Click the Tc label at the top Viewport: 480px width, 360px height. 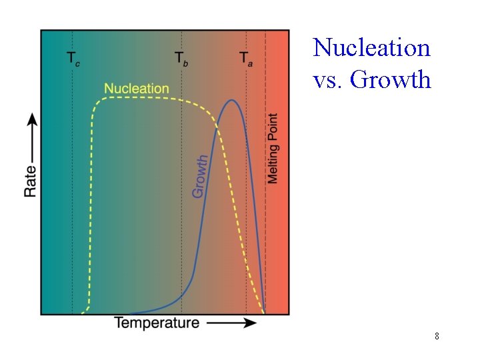(73, 58)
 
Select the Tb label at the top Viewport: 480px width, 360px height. (181, 58)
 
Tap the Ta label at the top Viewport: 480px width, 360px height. (246, 58)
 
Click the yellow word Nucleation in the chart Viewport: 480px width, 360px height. (137, 88)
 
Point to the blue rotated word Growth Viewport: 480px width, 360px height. (200, 176)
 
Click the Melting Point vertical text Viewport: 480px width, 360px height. (273, 148)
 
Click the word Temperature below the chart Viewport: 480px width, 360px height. (157, 323)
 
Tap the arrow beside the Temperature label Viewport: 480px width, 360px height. (231, 323)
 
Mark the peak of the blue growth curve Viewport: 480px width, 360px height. (231, 101)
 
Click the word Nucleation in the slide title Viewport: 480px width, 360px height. (371, 48)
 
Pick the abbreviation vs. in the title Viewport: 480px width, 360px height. (327, 80)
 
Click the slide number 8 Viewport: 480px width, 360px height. (437, 336)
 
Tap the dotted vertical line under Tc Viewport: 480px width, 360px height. (72, 200)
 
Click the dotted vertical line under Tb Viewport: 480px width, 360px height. (181, 200)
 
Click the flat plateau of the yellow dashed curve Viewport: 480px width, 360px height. (140, 98)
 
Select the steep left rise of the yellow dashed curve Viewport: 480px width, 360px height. (91, 200)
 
